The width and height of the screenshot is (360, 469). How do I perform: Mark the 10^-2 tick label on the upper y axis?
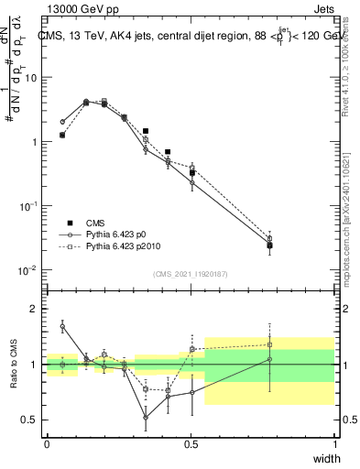tap(28, 270)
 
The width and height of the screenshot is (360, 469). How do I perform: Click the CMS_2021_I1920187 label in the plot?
tap(190, 274)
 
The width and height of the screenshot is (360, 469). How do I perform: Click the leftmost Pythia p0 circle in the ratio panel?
tap(62, 326)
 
